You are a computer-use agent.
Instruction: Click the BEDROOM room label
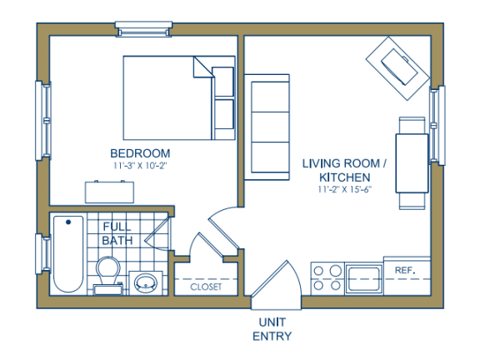140,153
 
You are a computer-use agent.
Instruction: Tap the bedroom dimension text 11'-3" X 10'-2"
140,166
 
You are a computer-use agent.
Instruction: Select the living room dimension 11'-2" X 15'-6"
345,189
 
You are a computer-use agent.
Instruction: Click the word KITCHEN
345,177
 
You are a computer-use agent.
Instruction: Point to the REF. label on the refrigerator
405,270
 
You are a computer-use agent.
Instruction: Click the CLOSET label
206,287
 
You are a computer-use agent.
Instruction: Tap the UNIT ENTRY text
272,329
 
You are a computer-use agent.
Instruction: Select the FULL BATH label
117,233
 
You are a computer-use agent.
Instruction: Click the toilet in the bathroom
107,276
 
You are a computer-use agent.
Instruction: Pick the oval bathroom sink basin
146,283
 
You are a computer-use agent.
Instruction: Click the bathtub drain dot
68,222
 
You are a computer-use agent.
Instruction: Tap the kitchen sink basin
364,278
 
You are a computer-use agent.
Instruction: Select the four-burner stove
327,278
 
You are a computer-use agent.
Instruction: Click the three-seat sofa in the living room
267,127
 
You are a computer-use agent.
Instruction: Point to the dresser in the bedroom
109,192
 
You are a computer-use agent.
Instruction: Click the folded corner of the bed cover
203,67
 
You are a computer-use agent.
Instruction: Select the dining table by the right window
412,163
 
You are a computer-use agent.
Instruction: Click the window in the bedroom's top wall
143,29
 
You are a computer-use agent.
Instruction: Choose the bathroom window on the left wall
43,254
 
